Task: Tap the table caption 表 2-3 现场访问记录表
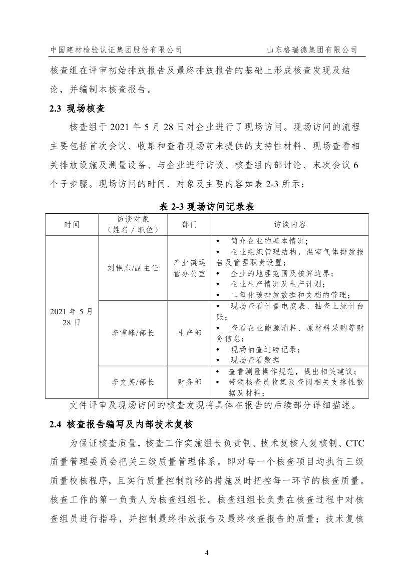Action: tap(207, 206)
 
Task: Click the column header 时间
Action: tap(72, 224)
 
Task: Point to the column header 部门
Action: tap(189, 224)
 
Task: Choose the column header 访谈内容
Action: tap(290, 224)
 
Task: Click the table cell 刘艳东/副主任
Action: tap(133, 268)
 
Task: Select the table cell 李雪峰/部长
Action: tap(133, 333)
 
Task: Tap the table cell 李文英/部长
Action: tap(133, 382)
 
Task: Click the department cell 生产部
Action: tap(189, 333)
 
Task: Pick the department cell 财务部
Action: tap(189, 382)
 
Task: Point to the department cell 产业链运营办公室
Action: tap(189, 268)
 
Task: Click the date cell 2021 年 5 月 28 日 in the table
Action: tap(72, 317)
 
